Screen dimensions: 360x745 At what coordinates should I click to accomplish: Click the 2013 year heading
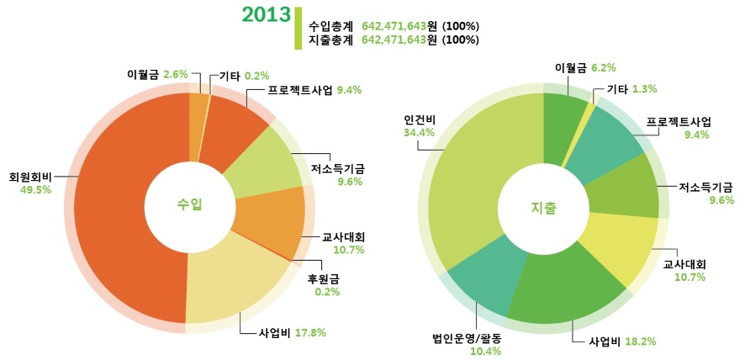coord(266,14)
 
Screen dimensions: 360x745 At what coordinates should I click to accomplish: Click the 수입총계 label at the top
coord(330,26)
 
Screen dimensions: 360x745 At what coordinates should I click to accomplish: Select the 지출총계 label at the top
coord(330,40)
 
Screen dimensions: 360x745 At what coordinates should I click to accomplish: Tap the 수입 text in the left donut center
coord(189,205)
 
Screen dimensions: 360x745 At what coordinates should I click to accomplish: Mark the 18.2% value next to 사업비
coord(640,341)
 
